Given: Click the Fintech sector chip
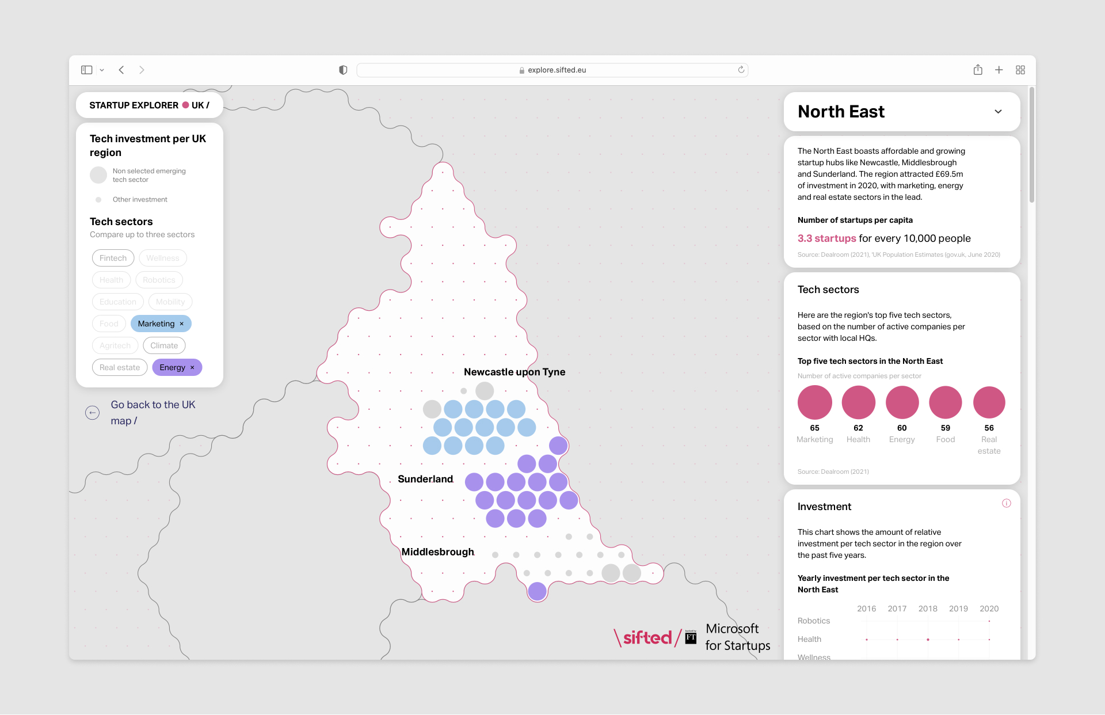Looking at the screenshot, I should point(113,258).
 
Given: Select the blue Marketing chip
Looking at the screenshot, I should point(157,324).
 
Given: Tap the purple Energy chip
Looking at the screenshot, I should point(173,367).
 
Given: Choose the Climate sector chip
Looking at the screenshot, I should point(164,345).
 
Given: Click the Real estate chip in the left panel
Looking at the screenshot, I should point(120,367).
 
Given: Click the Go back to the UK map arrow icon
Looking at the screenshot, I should point(92,413).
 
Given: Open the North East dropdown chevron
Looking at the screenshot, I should point(998,112).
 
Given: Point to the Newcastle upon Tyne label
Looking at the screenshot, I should point(514,372).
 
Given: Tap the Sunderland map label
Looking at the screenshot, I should point(425,479).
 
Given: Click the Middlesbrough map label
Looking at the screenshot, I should point(437,552).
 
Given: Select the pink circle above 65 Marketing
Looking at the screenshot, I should point(814,402).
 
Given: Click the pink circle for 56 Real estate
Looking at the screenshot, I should point(989,402).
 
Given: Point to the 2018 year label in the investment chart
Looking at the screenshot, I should point(927,608).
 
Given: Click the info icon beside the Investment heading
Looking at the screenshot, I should point(1006,503).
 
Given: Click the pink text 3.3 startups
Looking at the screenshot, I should point(826,238).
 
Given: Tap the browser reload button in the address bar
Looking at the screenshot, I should point(741,70).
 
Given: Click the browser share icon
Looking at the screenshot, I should point(978,70).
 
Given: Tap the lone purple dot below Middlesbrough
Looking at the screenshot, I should point(537,591).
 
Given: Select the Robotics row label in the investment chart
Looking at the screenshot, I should point(813,621).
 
